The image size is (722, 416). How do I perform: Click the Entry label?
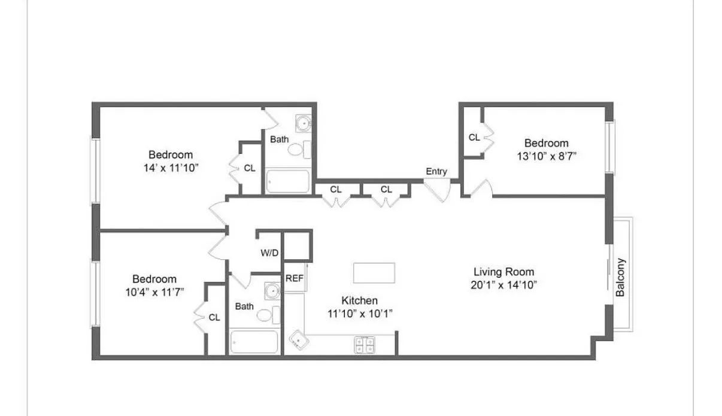pos(436,172)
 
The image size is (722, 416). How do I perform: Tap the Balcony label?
pos(621,277)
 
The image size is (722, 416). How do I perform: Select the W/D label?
pos(269,253)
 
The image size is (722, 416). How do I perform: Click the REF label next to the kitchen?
pos(294,278)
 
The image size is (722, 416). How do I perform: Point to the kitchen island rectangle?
pos(374,272)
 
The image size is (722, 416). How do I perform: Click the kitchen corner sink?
pos(298,340)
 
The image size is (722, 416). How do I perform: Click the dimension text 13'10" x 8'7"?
pos(546,156)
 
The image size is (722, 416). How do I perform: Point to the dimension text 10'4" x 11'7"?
pos(154,292)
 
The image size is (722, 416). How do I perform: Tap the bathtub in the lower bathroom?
pos(254,342)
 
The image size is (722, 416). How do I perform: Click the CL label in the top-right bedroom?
pos(474,138)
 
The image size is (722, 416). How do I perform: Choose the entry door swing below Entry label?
pos(438,189)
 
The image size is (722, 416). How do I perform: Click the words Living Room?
pos(503,272)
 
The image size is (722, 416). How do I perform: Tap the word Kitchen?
pos(359,300)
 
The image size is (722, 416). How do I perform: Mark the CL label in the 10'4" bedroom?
pos(214,318)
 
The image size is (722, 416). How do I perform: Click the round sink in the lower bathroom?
pos(273,292)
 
